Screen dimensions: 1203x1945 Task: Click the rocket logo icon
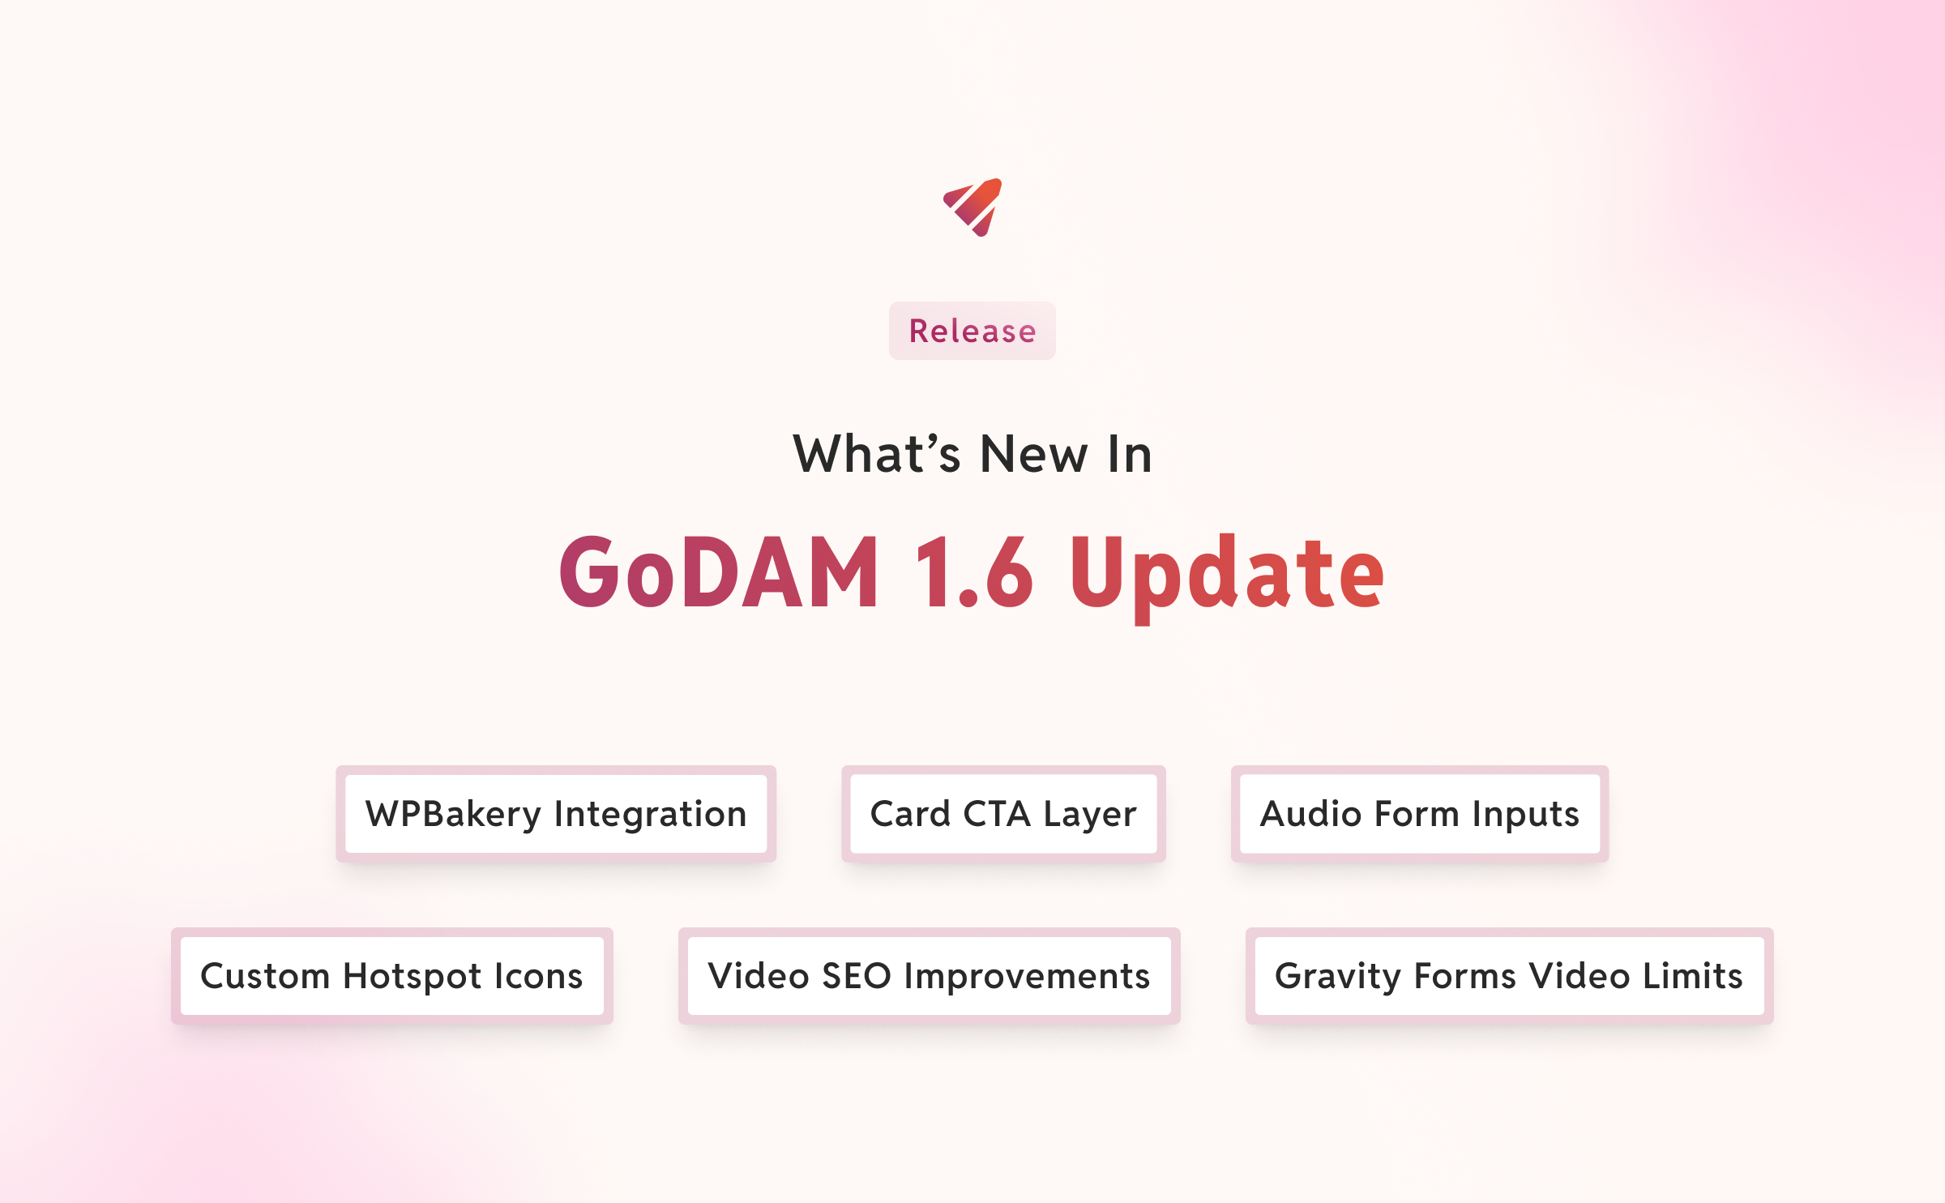[x=972, y=208]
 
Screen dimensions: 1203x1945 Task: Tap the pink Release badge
[x=972, y=331]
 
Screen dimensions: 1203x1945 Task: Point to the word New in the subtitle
[x=1034, y=454]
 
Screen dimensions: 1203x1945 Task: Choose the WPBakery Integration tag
[x=556, y=814]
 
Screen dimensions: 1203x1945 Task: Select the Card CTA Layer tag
[x=1003, y=814]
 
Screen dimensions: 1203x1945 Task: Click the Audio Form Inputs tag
[x=1420, y=814]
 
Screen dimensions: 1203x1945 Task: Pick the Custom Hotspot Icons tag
[x=392, y=976]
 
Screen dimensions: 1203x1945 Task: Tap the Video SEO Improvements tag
[x=929, y=976]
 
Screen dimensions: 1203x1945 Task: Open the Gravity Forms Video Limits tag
[x=1509, y=976]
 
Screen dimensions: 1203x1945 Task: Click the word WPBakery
[x=453, y=814]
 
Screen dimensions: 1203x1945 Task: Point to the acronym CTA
[x=996, y=814]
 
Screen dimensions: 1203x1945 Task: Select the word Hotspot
[x=412, y=976]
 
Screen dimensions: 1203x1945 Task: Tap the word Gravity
[x=1337, y=976]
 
